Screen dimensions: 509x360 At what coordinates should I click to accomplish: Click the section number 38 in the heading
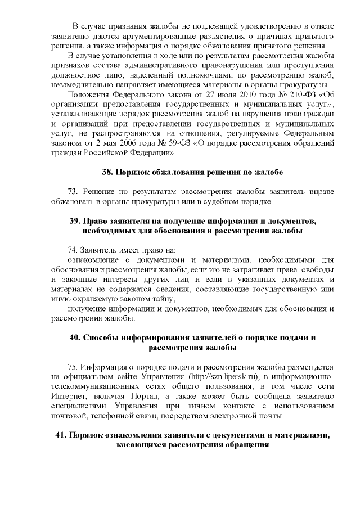107,172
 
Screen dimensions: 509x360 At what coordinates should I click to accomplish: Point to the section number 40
75,337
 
